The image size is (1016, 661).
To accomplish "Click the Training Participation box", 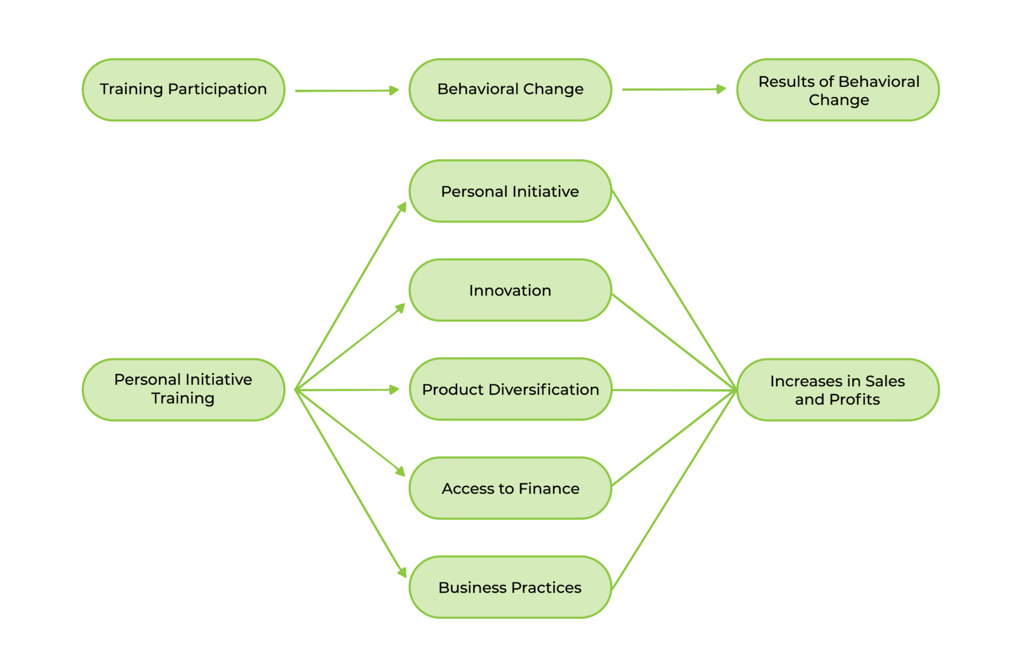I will (184, 89).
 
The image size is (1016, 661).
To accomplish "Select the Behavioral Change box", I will (510, 89).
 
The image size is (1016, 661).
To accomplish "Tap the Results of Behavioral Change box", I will (838, 89).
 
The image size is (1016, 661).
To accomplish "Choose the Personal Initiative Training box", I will (184, 389).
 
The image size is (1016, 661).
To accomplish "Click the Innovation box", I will (510, 290).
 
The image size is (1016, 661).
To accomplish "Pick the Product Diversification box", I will (510, 389).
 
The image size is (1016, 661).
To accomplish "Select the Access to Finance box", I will (510, 488).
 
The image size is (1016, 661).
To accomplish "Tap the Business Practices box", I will (510, 587).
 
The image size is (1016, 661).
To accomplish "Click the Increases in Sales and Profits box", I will (838, 389).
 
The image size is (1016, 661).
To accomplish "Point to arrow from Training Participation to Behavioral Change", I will (346, 91).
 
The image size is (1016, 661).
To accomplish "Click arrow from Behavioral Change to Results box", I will (673, 89).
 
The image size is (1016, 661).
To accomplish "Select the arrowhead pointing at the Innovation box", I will (401, 308).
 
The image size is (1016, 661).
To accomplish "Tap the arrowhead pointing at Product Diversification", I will (394, 389).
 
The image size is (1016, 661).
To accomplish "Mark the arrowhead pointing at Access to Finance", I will (401, 471).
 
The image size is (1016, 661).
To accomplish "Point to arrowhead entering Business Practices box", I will (403, 573).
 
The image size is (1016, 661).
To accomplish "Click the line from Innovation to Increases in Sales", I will (673, 341).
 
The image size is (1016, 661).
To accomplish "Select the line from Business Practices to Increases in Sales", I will (673, 490).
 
